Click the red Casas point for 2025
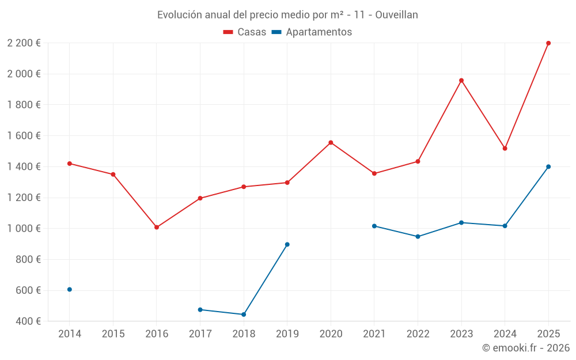pos(548,43)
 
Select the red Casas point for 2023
pos(461,81)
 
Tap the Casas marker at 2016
pos(157,228)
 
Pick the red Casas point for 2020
pos(331,142)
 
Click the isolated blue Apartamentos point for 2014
pos(70,290)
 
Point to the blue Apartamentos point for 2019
pos(287,245)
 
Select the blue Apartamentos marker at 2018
pos(244,314)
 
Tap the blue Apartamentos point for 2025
pos(548,167)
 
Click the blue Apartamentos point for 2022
pos(418,237)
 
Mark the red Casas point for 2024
pos(505,149)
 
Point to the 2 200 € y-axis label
pos(24,43)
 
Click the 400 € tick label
pos(29,321)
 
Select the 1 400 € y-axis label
pos(24,167)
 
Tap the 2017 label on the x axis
pos(200,334)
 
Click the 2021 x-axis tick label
pos(374,334)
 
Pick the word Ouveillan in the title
pos(396,15)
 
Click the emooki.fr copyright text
pos(526,348)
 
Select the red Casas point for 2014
pos(70,164)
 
